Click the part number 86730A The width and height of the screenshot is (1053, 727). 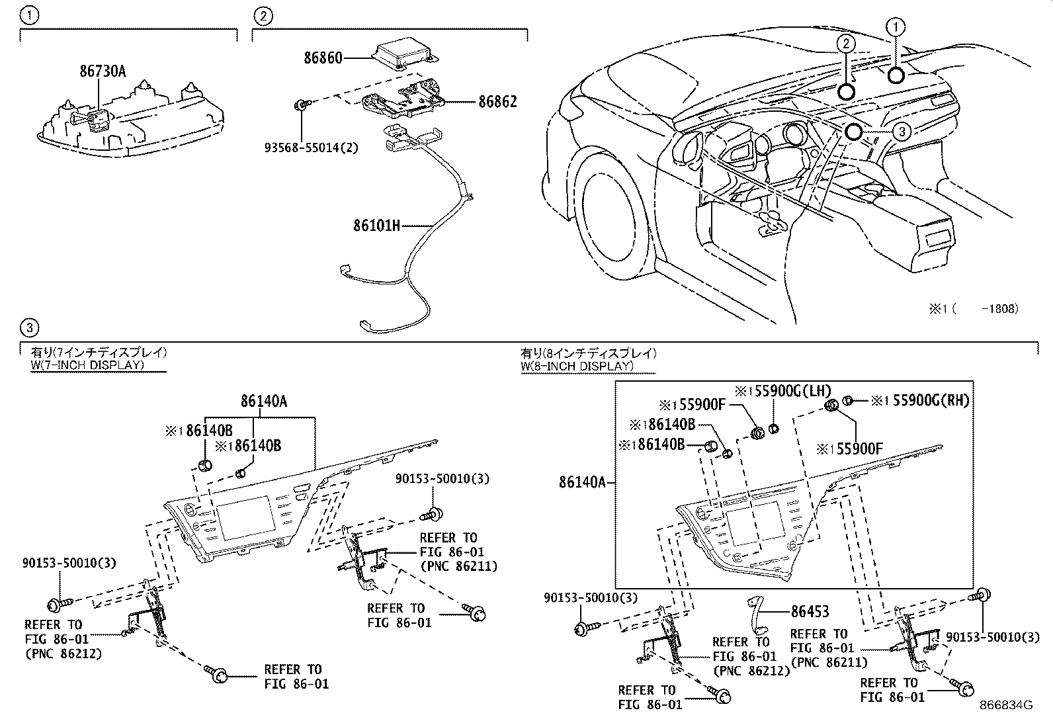(x=102, y=71)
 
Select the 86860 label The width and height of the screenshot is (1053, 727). (x=323, y=58)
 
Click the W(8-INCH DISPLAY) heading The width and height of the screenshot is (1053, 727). (x=577, y=365)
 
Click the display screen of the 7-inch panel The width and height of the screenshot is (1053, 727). (x=247, y=516)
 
